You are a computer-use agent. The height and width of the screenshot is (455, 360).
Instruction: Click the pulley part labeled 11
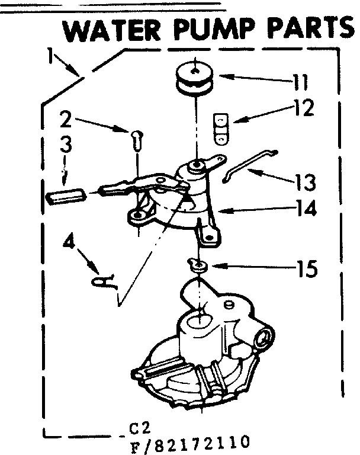point(195,78)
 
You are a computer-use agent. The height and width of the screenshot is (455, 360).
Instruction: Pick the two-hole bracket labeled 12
point(220,127)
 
